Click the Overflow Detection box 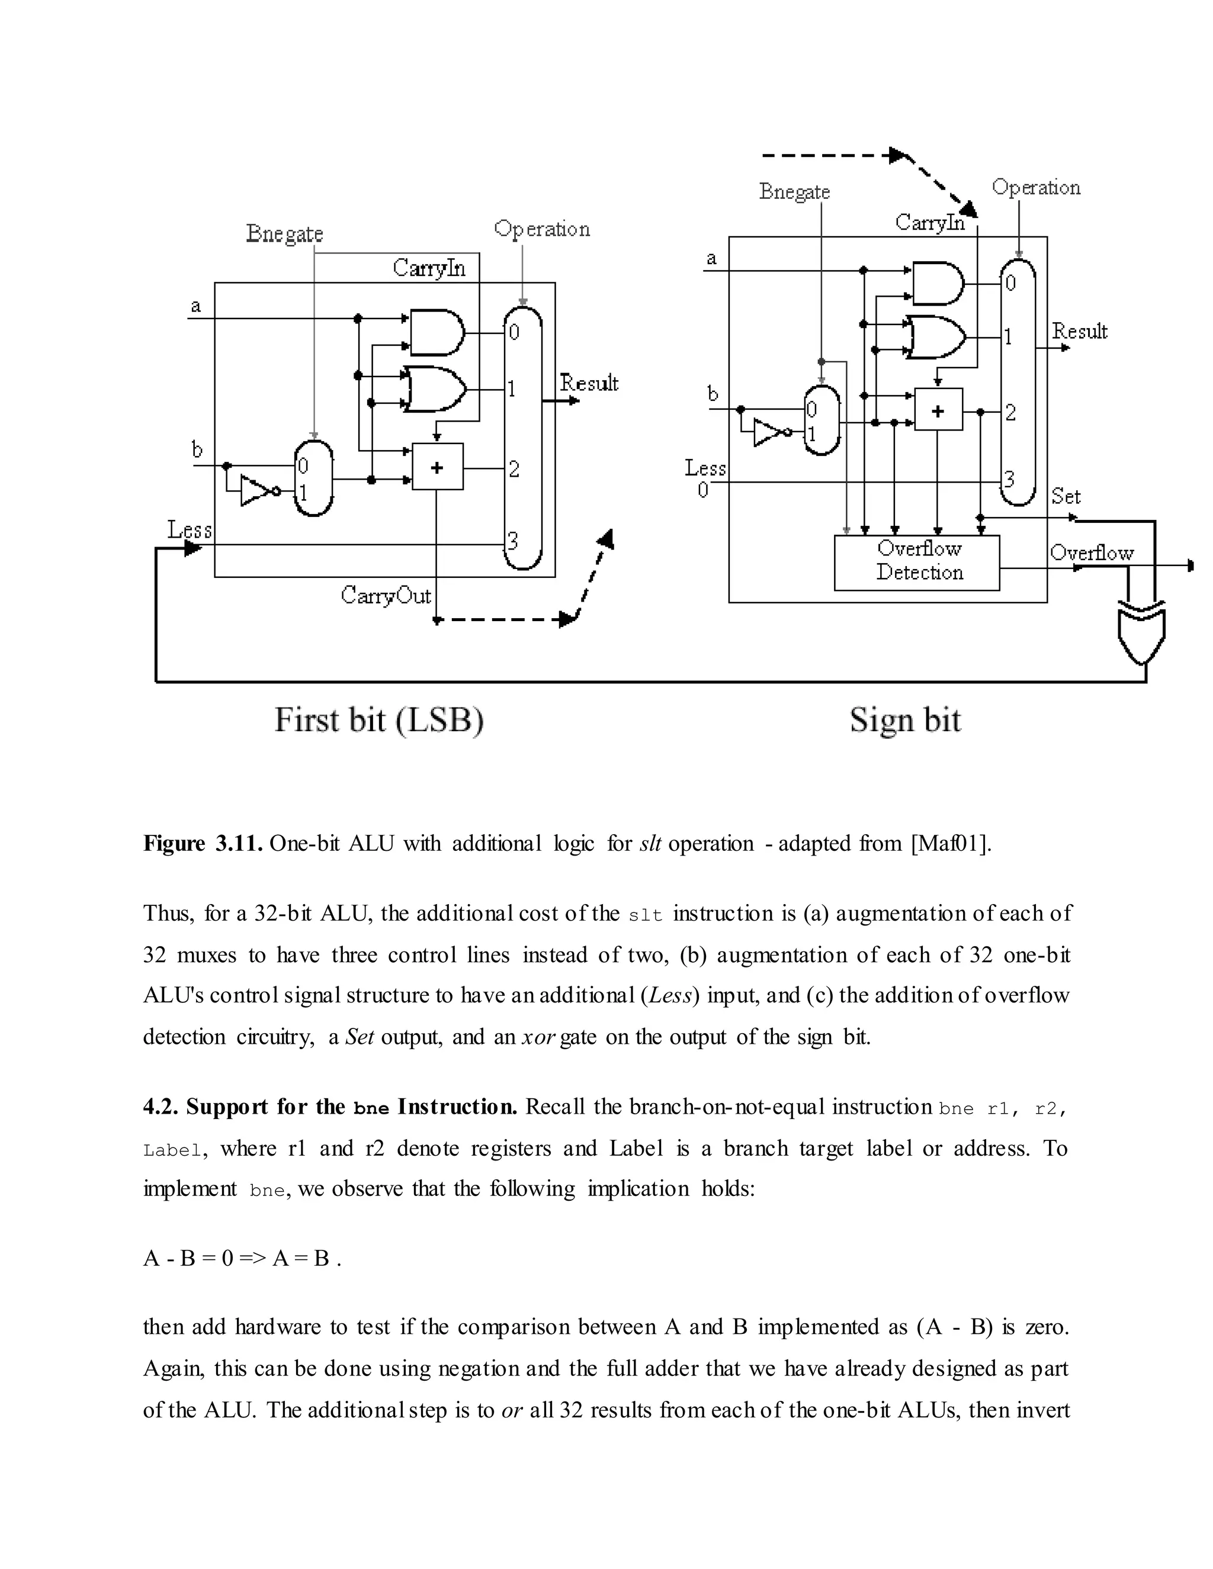pyautogui.click(x=916, y=562)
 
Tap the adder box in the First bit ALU pyautogui.click(x=437, y=467)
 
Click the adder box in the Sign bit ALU pyautogui.click(x=938, y=410)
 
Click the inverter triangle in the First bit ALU pyautogui.click(x=255, y=491)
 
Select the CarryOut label pyautogui.click(x=385, y=596)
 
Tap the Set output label pyautogui.click(x=1065, y=496)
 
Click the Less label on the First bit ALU pyautogui.click(x=190, y=530)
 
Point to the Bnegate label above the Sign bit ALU pyautogui.click(x=794, y=192)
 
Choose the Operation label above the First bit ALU pyautogui.click(x=542, y=229)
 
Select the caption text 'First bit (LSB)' pyautogui.click(x=378, y=720)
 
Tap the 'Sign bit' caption pyautogui.click(x=905, y=720)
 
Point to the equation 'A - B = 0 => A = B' pyautogui.click(x=237, y=1259)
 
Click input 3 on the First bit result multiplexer pyautogui.click(x=513, y=540)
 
